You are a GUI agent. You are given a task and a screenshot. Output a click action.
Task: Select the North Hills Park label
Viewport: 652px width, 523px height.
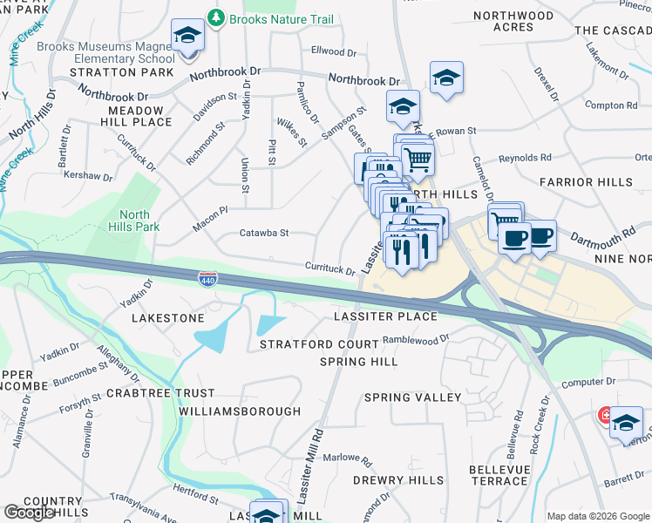pos(134,221)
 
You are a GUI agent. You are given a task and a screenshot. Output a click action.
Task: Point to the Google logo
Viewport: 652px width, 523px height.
pos(29,513)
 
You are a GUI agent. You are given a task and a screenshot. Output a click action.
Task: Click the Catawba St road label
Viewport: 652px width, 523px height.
pos(263,234)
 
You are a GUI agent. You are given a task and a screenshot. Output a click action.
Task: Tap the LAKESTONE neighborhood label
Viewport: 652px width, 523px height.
pos(167,319)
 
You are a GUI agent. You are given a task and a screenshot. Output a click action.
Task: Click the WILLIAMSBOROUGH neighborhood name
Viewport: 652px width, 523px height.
pos(239,411)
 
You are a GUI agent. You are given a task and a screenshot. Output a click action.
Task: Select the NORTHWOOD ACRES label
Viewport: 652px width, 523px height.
pos(513,22)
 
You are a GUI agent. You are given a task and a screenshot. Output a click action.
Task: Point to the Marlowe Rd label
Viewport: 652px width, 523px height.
pos(341,458)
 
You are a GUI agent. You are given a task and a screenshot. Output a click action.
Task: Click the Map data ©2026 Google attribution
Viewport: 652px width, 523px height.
pos(598,516)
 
